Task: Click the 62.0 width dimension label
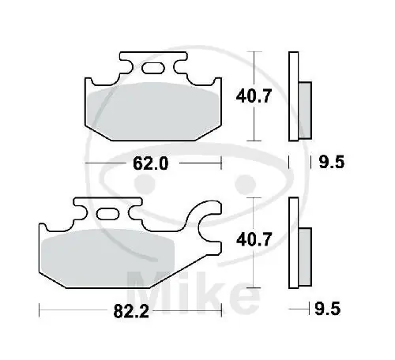point(150,163)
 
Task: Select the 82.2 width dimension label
point(131,311)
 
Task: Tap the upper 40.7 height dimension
point(254,96)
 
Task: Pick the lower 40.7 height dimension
point(254,240)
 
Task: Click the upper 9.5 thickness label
point(332,162)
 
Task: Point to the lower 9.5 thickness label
point(328,309)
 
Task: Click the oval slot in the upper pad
point(153,68)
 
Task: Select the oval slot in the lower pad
point(107,214)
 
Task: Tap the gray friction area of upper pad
point(153,111)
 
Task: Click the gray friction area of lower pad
point(107,258)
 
